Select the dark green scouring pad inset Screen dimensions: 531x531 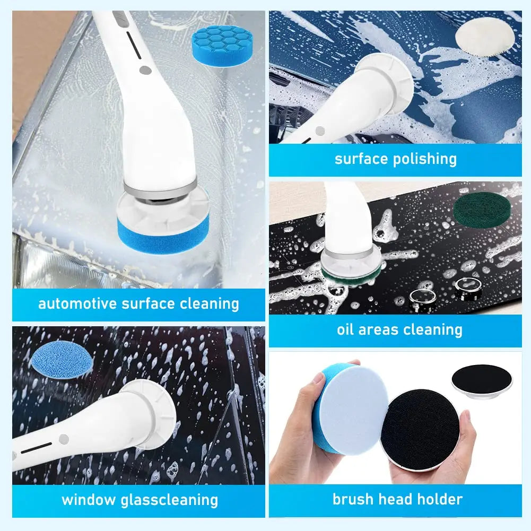pos(482,211)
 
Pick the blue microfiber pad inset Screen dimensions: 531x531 pos(62,362)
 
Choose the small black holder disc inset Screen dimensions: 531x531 pos(483,380)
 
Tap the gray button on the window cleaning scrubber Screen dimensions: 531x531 pos(64,439)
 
